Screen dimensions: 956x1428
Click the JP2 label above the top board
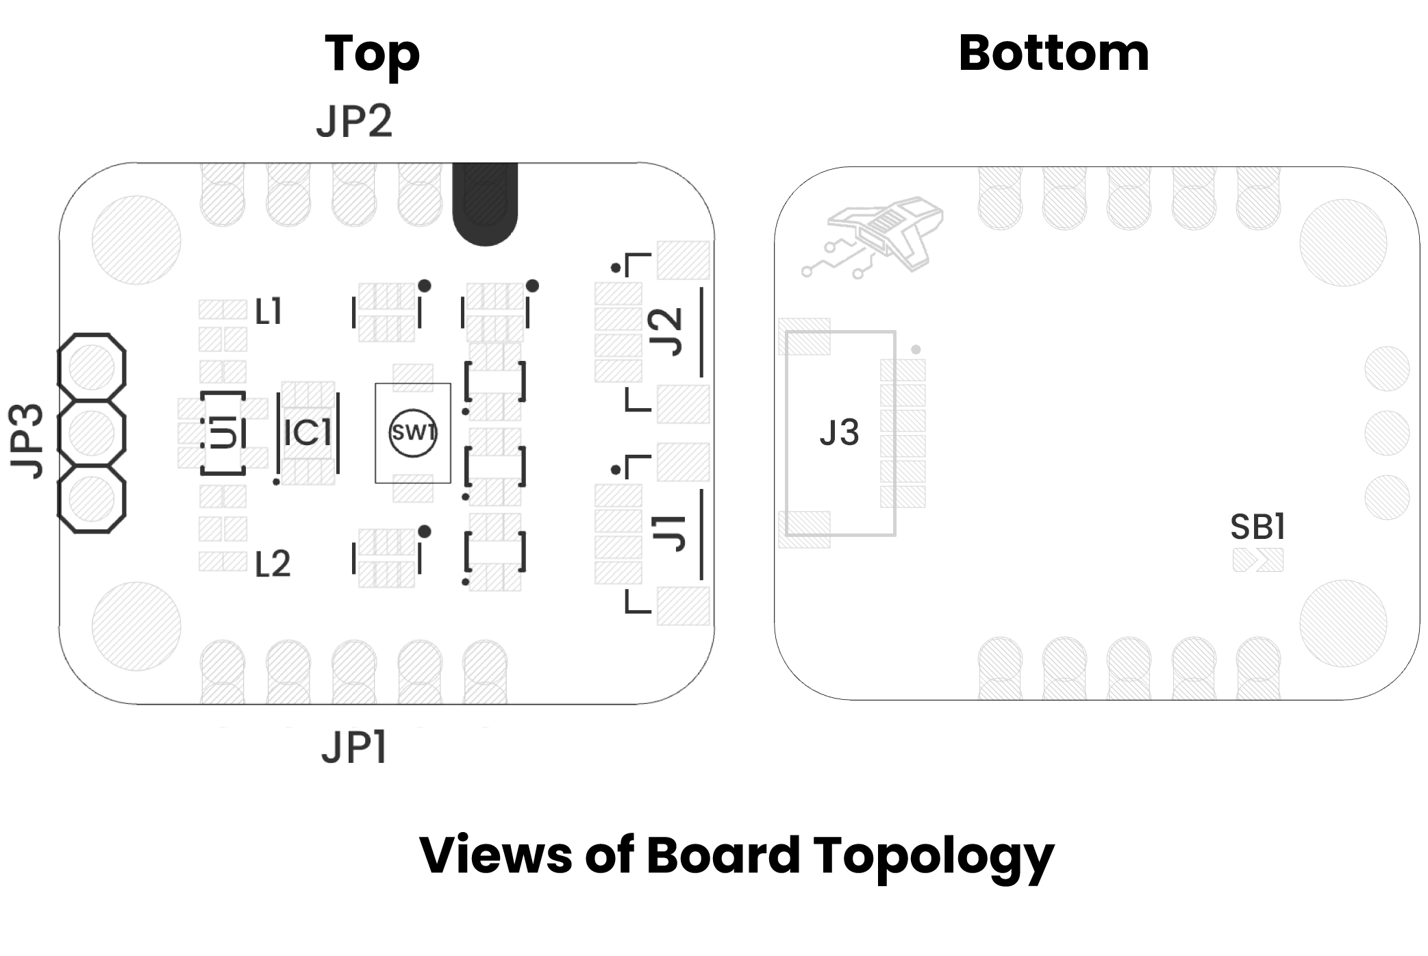pyautogui.click(x=354, y=121)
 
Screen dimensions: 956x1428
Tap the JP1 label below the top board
pyautogui.click(x=354, y=746)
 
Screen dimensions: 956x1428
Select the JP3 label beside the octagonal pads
pyautogui.click(x=27, y=441)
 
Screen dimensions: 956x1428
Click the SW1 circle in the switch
pyautogui.click(x=412, y=433)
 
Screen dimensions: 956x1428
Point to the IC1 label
pyautogui.click(x=308, y=433)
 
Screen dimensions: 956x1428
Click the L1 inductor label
pyautogui.click(x=268, y=312)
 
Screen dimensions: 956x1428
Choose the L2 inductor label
pyautogui.click(x=272, y=564)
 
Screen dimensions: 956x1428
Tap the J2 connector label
pyautogui.click(x=667, y=332)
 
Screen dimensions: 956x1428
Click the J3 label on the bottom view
pyautogui.click(x=839, y=433)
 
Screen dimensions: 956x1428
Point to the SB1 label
pyautogui.click(x=1257, y=527)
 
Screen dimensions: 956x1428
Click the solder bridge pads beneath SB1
pyautogui.click(x=1257, y=560)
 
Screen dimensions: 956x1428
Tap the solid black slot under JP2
pyautogui.click(x=485, y=204)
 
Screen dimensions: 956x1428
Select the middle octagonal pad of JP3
pyautogui.click(x=92, y=433)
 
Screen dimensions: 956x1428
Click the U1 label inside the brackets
pyautogui.click(x=223, y=433)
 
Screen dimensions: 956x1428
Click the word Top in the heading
pyautogui.click(x=372, y=53)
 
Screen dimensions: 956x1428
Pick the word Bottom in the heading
pyautogui.click(x=1053, y=53)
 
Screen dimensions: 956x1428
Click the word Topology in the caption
pyautogui.click(x=934, y=856)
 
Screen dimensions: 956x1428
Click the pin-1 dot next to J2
pyautogui.click(x=616, y=268)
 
